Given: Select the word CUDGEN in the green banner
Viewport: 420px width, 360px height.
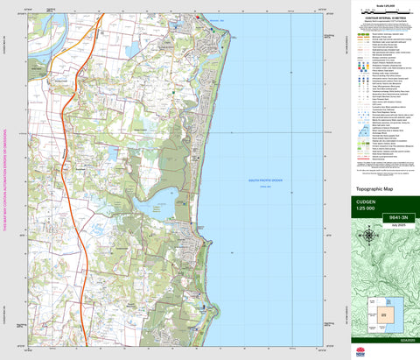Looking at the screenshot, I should [x=366, y=202].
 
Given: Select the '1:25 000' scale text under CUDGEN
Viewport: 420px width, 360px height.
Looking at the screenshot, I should [x=367, y=211].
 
